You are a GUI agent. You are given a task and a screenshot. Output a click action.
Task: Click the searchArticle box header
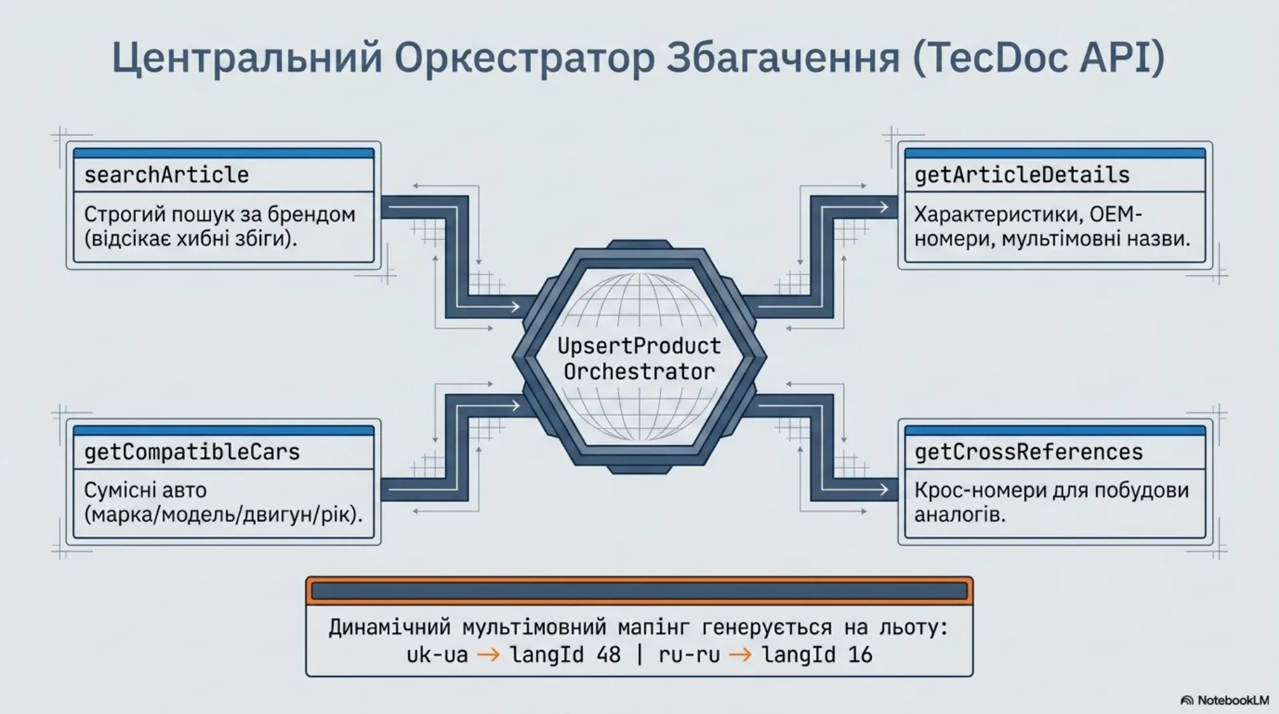[166, 175]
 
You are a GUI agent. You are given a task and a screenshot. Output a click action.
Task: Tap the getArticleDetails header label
[1022, 175]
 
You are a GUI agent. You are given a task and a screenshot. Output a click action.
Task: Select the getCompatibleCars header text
[192, 452]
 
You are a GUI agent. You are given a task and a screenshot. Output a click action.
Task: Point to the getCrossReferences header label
[1029, 452]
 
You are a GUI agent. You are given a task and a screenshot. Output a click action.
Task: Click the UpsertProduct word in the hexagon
[639, 346]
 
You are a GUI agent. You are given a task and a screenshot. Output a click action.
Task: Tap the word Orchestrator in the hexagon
[639, 371]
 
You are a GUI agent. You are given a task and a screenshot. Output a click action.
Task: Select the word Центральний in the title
[247, 59]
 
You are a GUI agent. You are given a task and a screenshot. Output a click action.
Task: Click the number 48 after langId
[609, 655]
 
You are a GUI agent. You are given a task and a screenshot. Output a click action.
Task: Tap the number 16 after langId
[860, 655]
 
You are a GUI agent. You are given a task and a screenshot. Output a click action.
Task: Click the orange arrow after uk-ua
[488, 655]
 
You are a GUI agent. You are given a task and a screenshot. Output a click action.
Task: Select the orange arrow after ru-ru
[740, 655]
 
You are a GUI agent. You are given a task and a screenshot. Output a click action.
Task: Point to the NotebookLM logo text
[1232, 700]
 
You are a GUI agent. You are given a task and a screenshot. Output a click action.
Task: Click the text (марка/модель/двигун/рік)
[223, 515]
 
